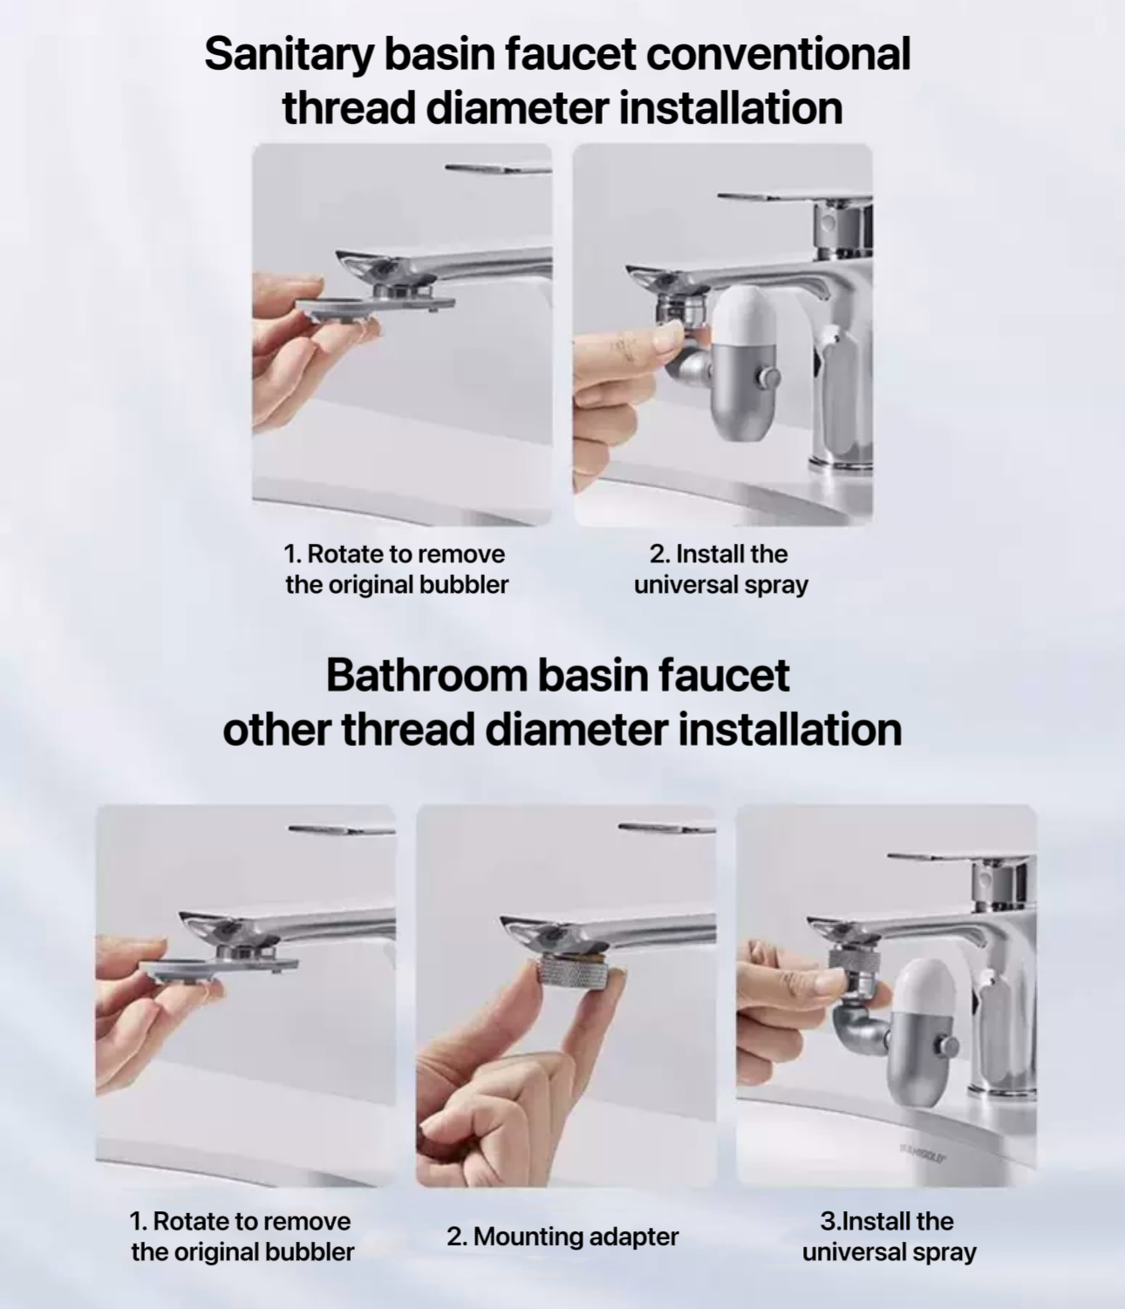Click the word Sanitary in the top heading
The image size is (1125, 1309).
tap(289, 55)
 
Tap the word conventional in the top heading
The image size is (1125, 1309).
tap(778, 54)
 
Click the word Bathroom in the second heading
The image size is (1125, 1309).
tap(426, 675)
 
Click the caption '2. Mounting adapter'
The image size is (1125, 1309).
tap(562, 1236)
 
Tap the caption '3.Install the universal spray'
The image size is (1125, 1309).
tap(889, 1236)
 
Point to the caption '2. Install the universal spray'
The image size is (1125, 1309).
tap(721, 569)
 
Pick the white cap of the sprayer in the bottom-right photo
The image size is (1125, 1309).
tap(924, 992)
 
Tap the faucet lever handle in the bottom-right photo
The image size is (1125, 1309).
tap(959, 859)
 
